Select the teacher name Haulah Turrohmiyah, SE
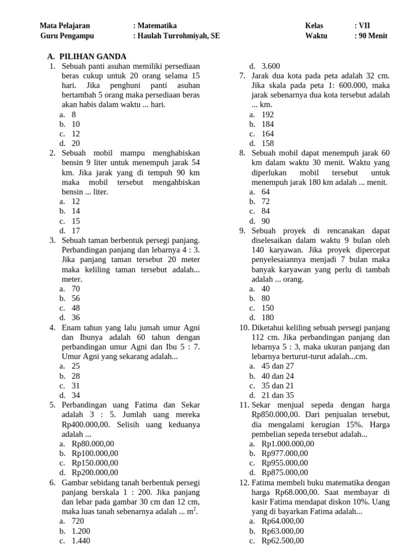[179, 36]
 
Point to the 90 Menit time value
[372, 36]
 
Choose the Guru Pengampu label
[67, 36]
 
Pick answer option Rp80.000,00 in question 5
[93, 444]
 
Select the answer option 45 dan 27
[278, 366]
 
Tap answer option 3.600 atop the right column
[271, 66]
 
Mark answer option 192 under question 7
[268, 114]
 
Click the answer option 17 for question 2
[76, 231]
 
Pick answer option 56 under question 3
[76, 298]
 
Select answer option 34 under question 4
[76, 395]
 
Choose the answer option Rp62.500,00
[283, 541]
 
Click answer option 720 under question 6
[78, 521]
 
